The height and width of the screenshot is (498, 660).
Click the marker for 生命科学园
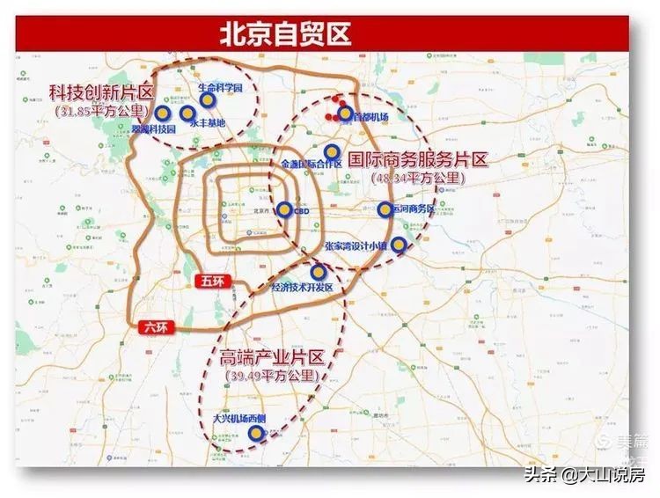(207, 100)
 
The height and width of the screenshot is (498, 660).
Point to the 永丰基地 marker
(187, 113)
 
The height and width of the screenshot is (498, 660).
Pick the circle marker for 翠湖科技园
(163, 113)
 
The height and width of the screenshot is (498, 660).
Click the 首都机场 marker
(345, 114)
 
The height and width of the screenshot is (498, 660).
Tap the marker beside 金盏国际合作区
(332, 151)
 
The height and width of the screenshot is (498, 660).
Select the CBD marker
(284, 209)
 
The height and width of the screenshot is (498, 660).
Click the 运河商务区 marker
(385, 209)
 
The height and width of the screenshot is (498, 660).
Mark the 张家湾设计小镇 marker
(399, 245)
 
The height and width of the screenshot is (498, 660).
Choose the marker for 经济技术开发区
(318, 272)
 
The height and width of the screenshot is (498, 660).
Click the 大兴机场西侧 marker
(255, 433)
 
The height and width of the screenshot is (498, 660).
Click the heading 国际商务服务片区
(418, 160)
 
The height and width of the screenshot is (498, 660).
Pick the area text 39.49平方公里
(268, 376)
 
